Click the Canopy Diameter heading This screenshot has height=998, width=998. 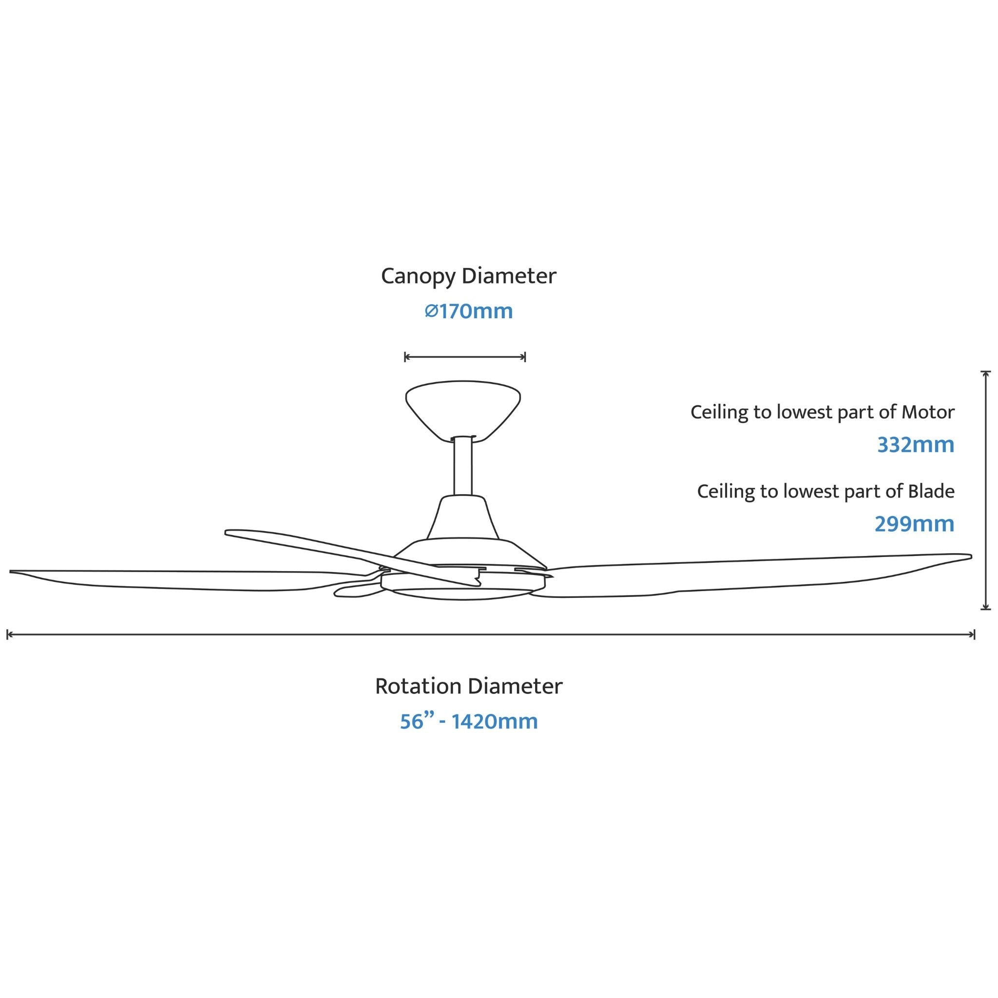pyautogui.click(x=468, y=276)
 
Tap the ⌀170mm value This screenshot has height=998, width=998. pyautogui.click(x=468, y=311)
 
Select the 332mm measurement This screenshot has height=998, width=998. pyautogui.click(x=915, y=445)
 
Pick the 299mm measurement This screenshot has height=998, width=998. pyautogui.click(x=914, y=524)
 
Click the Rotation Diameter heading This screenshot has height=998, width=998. pyautogui.click(x=468, y=687)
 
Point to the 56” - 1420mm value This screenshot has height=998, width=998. pyautogui.click(x=468, y=721)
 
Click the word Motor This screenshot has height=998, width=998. pyautogui.click(x=928, y=412)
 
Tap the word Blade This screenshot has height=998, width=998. pyautogui.click(x=931, y=491)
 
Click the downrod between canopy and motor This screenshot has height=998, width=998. pyautogui.click(x=463, y=466)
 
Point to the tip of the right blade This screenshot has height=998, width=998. pyautogui.click(x=971, y=557)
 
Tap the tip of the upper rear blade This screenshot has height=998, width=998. pyautogui.click(x=227, y=533)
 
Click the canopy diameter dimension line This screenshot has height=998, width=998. pyautogui.click(x=465, y=356)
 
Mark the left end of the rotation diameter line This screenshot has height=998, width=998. pyautogui.click(x=7, y=634)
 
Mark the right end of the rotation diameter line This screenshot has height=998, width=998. pyautogui.click(x=974, y=634)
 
